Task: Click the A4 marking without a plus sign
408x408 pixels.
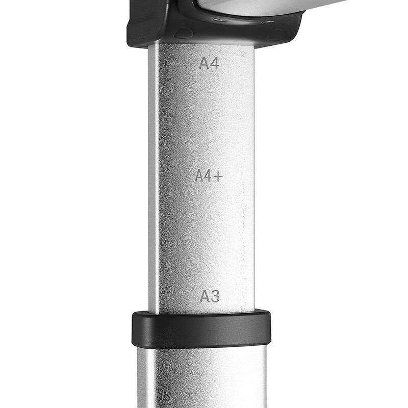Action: point(209,63)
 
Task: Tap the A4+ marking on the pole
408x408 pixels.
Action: point(209,175)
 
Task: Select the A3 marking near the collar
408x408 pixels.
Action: point(210,297)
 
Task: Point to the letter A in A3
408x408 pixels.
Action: point(205,297)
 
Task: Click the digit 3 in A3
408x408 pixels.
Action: point(215,297)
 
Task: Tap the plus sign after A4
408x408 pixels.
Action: point(218,176)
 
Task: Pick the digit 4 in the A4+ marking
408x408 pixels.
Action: point(208,175)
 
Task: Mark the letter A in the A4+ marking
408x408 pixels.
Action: point(199,175)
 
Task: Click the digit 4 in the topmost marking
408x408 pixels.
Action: point(214,63)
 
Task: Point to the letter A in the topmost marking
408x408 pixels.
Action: point(203,63)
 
